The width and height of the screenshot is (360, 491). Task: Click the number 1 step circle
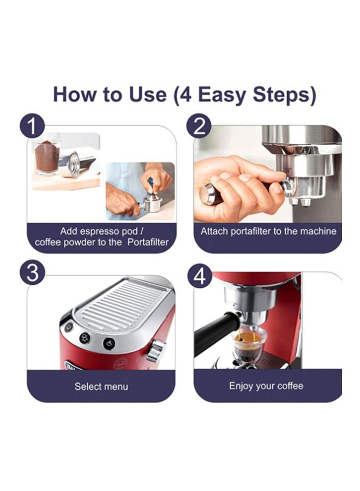[x=32, y=127]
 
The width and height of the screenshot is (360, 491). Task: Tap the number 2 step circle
[x=199, y=127]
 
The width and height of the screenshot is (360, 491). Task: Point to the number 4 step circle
[x=199, y=277]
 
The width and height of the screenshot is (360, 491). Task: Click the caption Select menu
[x=101, y=386]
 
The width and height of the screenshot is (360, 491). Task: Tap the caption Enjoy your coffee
[x=266, y=386]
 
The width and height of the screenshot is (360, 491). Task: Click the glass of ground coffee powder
[x=47, y=157]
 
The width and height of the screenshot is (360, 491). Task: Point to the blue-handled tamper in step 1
[x=149, y=185]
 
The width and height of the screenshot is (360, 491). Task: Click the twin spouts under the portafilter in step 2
[x=299, y=201]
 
